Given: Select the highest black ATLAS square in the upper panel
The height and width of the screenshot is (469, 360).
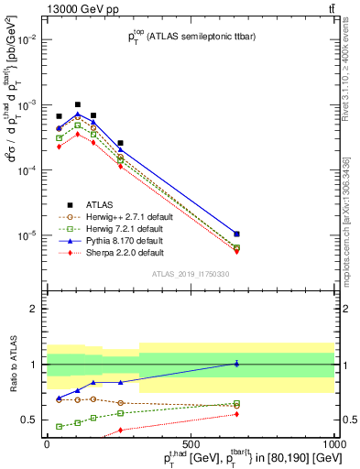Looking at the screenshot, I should tap(78, 104).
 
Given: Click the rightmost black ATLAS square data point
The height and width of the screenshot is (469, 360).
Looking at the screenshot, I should tap(236, 234).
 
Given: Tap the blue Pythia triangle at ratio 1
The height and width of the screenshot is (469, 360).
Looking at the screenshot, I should tap(236, 364).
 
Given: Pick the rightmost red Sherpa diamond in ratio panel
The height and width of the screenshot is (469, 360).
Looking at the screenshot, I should tap(236, 414).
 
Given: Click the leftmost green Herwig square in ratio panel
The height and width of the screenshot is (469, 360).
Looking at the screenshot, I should tap(59, 426).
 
